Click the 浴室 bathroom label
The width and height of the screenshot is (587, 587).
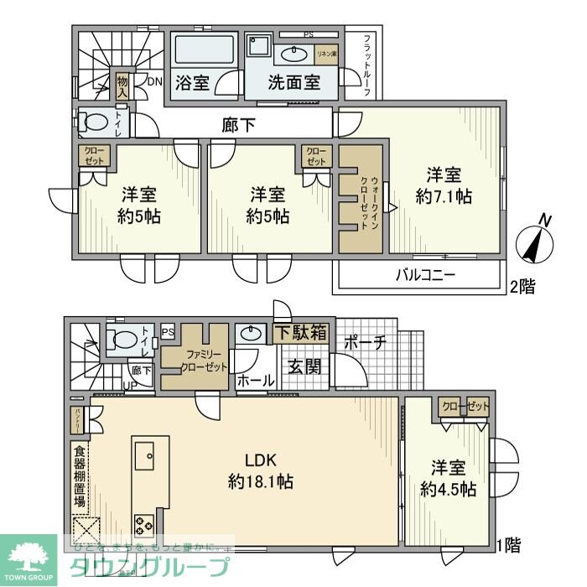click(192, 83)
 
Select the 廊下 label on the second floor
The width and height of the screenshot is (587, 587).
click(239, 125)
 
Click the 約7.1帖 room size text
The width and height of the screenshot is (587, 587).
click(444, 197)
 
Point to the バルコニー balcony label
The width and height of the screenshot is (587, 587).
click(425, 274)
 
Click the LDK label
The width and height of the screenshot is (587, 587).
click(260, 460)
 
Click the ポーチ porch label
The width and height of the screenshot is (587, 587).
click(365, 342)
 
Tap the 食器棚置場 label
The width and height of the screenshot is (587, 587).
click(79, 477)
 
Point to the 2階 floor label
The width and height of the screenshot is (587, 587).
click(522, 286)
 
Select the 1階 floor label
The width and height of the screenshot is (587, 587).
click(507, 546)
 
